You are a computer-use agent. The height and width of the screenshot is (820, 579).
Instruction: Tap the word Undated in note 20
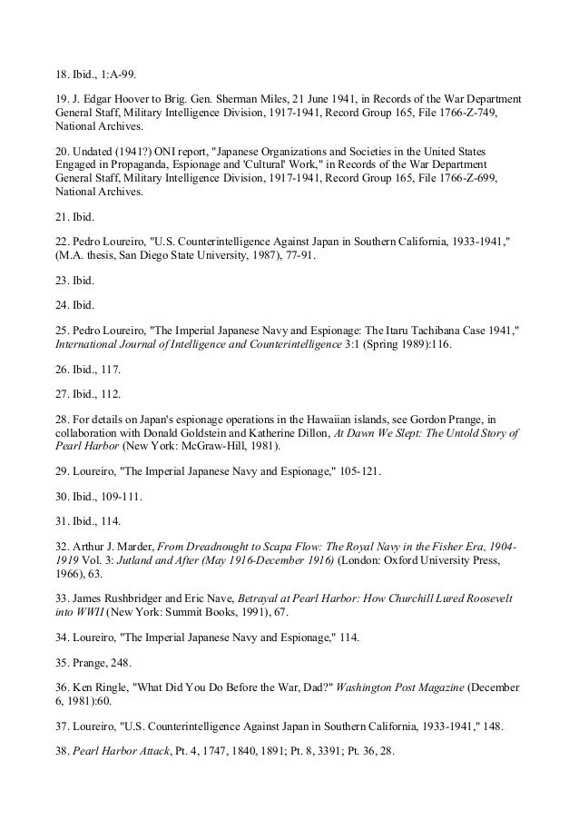[x=94, y=149]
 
